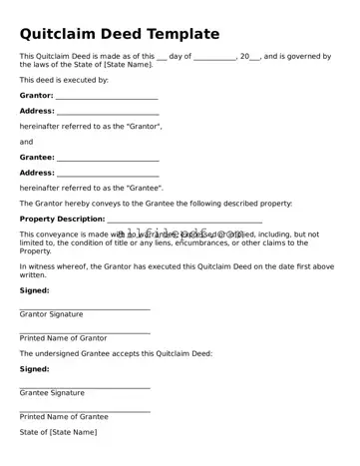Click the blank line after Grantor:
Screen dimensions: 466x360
coord(107,98)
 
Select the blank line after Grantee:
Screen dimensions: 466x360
coord(108,160)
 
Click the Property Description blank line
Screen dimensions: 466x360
coord(184,221)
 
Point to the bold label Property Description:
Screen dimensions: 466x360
coord(62,219)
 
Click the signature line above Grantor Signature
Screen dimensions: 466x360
coord(85,308)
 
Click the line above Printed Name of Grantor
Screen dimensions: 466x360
coord(85,332)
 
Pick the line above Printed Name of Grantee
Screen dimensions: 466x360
coord(85,410)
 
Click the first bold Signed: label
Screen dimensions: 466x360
coord(34,290)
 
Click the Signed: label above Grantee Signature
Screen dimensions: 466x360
coord(34,368)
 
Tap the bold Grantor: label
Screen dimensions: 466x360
coord(37,96)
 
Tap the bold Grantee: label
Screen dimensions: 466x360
coord(37,157)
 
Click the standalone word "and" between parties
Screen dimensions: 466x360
coord(27,142)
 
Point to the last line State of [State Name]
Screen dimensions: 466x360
coord(58,432)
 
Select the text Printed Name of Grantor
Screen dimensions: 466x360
coord(63,338)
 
